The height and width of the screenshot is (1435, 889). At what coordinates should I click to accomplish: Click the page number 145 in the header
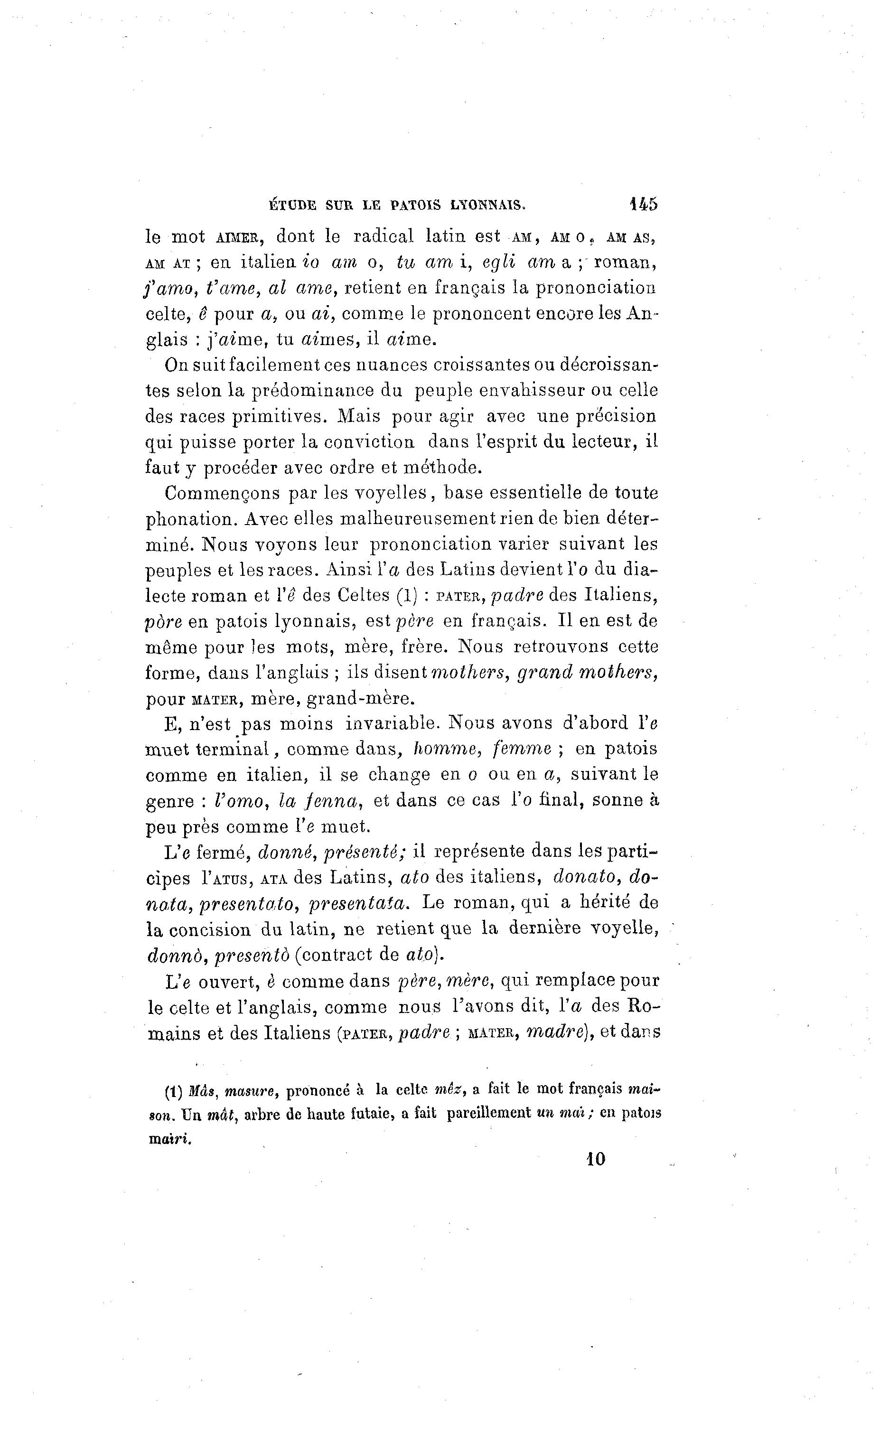point(644,204)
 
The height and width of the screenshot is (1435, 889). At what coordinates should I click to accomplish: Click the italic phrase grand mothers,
point(588,672)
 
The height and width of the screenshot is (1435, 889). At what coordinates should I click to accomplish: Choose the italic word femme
point(522,749)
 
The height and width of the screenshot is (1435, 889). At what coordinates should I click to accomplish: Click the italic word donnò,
point(175,955)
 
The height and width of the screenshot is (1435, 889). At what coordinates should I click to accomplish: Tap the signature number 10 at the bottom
point(595,1159)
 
